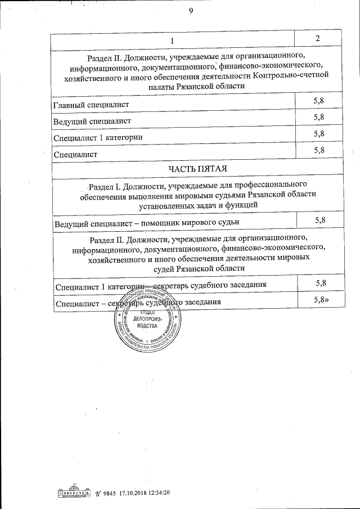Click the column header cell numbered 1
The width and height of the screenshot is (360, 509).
(173, 40)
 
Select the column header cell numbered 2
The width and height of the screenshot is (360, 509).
(318, 38)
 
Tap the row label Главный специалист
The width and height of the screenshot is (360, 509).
(91, 105)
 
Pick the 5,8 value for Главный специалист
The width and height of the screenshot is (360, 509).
(319, 101)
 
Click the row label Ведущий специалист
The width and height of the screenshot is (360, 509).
(92, 121)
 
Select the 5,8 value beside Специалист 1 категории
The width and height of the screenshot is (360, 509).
(319, 133)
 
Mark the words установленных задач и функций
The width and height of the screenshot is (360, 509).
(196, 206)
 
